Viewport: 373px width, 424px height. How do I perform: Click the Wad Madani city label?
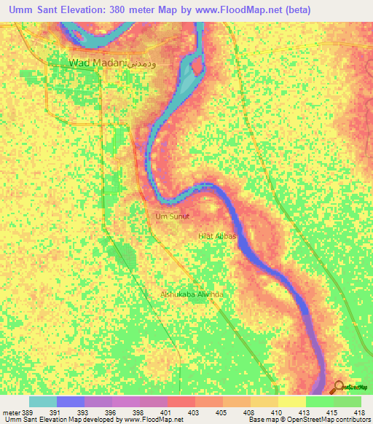[x=97, y=63]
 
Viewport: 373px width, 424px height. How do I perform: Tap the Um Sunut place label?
[x=172, y=216]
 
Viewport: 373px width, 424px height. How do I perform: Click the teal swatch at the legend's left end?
[x=43, y=401]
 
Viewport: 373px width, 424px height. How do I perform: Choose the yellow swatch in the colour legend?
[x=291, y=401]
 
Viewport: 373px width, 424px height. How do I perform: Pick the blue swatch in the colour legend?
[x=71, y=401]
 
